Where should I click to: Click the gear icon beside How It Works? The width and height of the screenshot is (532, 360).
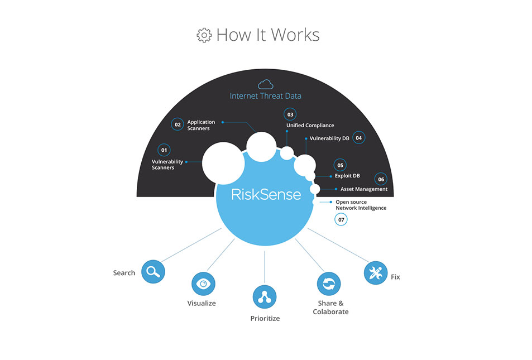click(204, 35)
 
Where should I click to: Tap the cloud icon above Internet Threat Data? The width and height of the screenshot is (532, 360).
click(265, 84)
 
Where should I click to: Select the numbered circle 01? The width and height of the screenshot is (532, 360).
click(164, 150)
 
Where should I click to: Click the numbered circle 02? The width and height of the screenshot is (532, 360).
click(178, 124)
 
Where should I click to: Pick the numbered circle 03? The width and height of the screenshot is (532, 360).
click(290, 114)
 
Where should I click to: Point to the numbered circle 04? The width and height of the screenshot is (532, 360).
click(358, 138)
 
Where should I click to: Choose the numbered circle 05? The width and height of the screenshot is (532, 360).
click(340, 165)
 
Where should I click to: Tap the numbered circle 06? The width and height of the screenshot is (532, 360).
click(381, 179)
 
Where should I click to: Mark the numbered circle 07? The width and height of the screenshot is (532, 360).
click(341, 219)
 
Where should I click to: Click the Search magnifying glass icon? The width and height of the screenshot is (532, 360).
click(153, 271)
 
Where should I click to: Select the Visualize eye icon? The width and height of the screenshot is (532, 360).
click(203, 284)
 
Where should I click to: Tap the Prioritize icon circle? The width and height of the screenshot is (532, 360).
click(265, 297)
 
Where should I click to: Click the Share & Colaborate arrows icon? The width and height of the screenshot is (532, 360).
click(329, 284)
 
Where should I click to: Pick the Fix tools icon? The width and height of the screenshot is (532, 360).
click(376, 273)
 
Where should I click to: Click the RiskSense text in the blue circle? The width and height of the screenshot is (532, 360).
click(266, 194)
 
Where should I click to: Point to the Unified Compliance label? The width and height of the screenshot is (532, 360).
click(310, 125)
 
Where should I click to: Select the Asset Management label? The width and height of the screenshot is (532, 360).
click(364, 189)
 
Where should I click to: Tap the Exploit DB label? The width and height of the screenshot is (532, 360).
click(347, 176)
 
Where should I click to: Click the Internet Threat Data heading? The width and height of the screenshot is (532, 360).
click(265, 96)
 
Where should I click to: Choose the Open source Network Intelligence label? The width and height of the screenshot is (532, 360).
click(361, 205)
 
